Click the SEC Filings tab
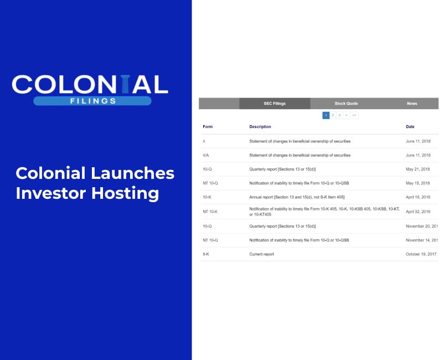pos(275,104)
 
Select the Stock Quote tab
pos(346,104)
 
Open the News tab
pos(412,104)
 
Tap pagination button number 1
pos(326,115)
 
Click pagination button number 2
pos(333,115)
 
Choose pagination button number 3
pos(339,115)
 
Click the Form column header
pos(208,127)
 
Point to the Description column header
pos(260,127)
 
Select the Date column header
pos(410,127)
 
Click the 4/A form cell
pos(206,155)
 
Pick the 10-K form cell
pos(207,197)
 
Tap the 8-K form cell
pos(206,254)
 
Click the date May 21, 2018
pos(418,169)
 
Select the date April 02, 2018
pos(418,212)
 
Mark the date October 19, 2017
pos(421,254)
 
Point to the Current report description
pos(261,254)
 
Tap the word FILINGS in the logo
pos(92,101)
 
